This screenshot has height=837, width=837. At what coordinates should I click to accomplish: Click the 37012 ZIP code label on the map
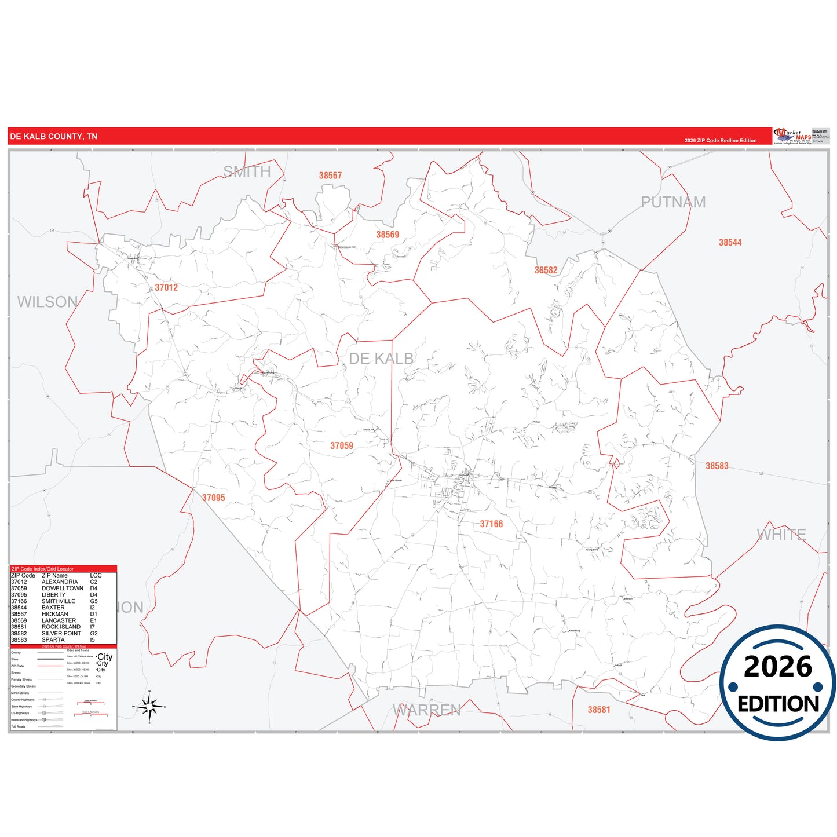pyautogui.click(x=166, y=287)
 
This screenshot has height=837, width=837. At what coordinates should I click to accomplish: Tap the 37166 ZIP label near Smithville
pyautogui.click(x=491, y=524)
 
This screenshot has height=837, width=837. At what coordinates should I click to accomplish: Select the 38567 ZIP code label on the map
pyautogui.click(x=330, y=176)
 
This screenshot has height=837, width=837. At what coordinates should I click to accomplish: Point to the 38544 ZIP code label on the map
pyautogui.click(x=730, y=243)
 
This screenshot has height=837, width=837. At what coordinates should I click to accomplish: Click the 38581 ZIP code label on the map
pyautogui.click(x=599, y=710)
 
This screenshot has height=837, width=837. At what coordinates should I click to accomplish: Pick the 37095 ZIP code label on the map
pyautogui.click(x=213, y=498)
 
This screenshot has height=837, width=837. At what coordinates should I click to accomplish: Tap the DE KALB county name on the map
pyautogui.click(x=381, y=359)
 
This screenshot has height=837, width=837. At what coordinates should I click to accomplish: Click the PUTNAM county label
pyautogui.click(x=673, y=202)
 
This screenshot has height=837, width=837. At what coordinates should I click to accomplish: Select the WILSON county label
pyautogui.click(x=47, y=302)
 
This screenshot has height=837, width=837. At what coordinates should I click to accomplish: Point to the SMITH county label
pyautogui.click(x=247, y=171)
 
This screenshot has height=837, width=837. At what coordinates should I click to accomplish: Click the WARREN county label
pyautogui.click(x=427, y=710)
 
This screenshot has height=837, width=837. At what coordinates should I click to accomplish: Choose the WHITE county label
pyautogui.click(x=781, y=534)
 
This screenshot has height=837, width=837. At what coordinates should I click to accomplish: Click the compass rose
pyautogui.click(x=149, y=707)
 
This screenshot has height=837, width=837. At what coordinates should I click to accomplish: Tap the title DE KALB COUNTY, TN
pyautogui.click(x=53, y=137)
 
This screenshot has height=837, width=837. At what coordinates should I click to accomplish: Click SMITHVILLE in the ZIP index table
pyautogui.click(x=58, y=601)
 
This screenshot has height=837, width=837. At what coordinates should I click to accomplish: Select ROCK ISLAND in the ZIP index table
pyautogui.click(x=61, y=627)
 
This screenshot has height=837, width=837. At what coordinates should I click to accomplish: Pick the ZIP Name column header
pyautogui.click(x=54, y=576)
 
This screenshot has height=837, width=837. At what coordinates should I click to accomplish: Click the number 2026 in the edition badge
pyautogui.click(x=778, y=667)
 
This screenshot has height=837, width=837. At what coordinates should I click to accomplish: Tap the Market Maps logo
pyautogui.click(x=792, y=136)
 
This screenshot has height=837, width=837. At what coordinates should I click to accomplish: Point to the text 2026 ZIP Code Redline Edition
pyautogui.click(x=721, y=141)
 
